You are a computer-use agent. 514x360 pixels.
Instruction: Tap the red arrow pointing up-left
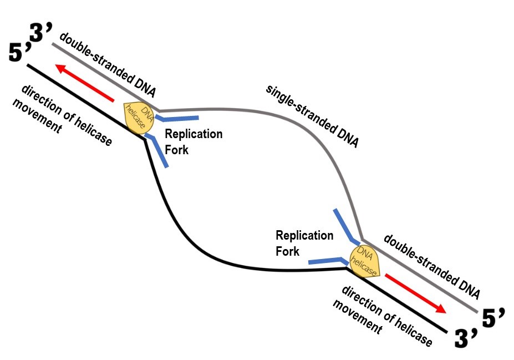coord(85,84)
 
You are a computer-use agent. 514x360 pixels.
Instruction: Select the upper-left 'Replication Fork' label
coord(193,141)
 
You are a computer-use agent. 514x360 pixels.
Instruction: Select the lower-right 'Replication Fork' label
coord(304,243)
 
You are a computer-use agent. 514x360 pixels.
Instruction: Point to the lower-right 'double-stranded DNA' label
coord(431,266)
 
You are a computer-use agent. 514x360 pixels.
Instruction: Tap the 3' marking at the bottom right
coord(464,339)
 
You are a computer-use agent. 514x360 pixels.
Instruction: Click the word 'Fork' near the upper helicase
coord(177,150)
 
